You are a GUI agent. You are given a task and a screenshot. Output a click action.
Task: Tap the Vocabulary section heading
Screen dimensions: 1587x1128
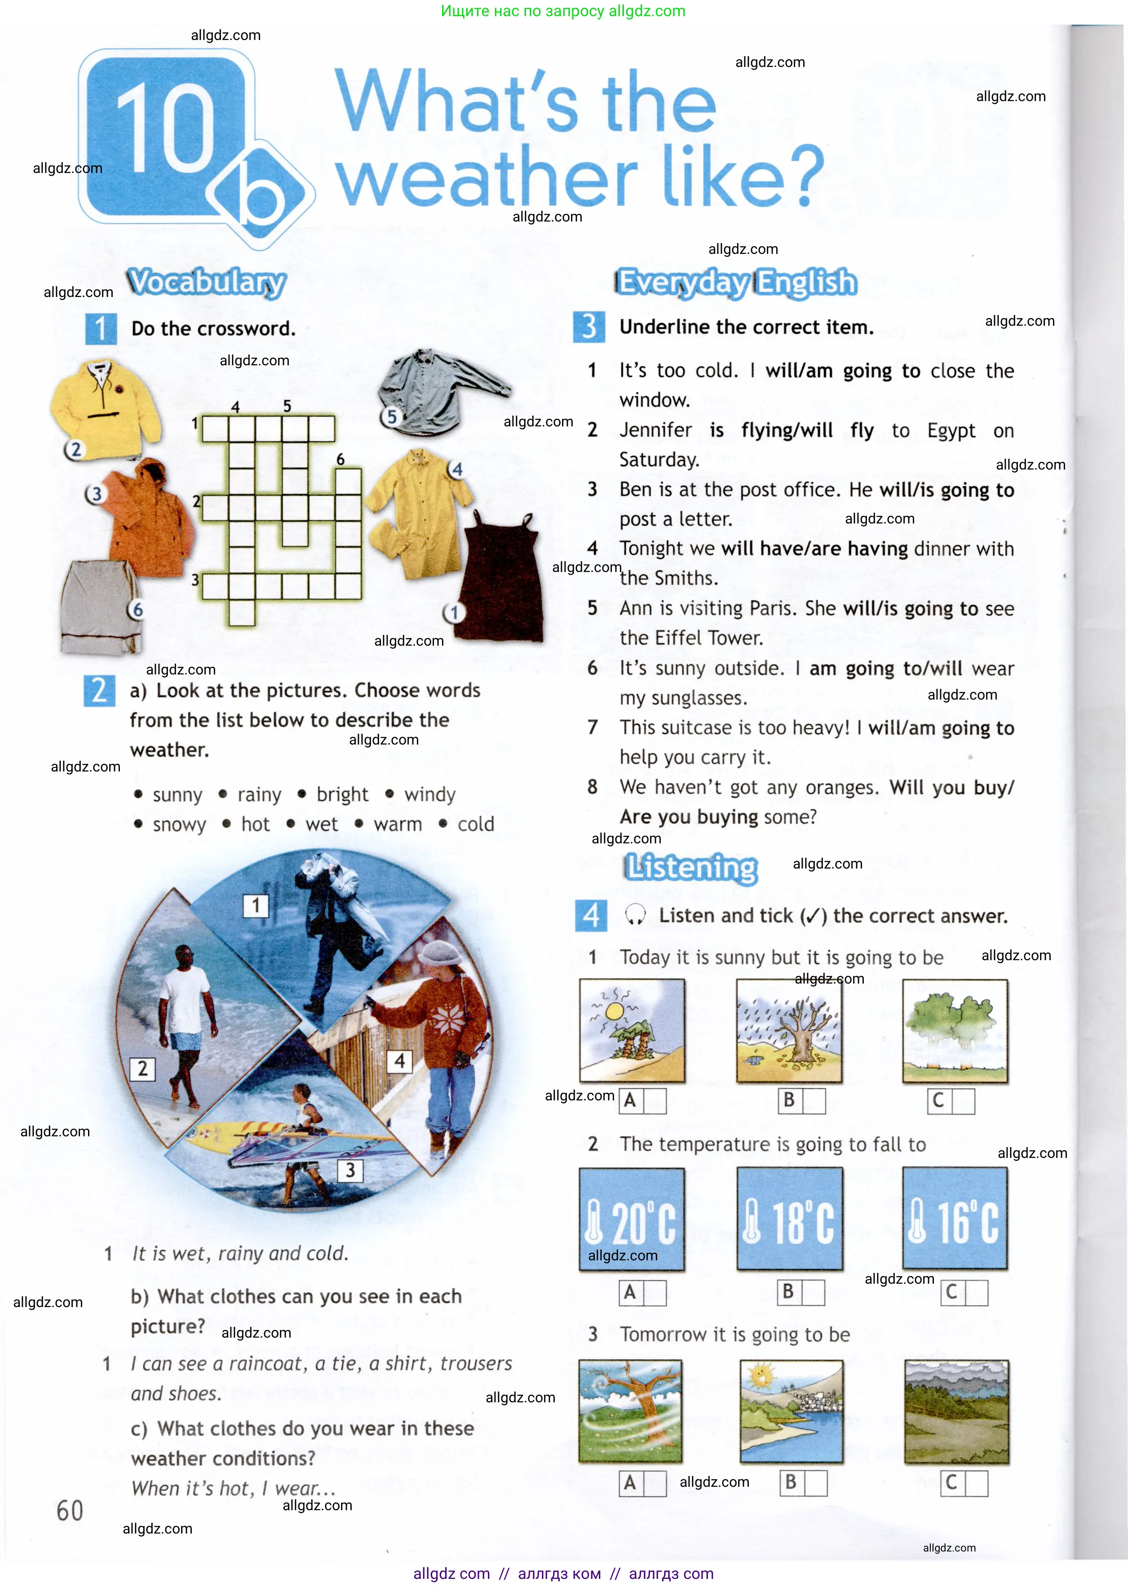tap(206, 282)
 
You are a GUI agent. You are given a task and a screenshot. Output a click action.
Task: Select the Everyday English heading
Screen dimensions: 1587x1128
tap(737, 283)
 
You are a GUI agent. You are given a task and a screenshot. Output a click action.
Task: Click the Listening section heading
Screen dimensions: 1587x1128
tap(691, 868)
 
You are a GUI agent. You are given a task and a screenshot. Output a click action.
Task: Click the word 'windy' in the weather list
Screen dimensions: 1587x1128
tap(429, 794)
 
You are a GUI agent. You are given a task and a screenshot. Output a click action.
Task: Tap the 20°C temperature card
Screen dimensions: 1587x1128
tap(631, 1219)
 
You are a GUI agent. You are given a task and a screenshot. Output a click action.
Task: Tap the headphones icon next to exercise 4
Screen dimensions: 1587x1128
tap(635, 915)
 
